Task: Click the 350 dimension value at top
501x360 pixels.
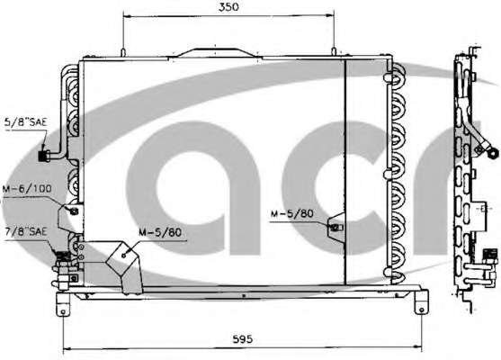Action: click(228, 7)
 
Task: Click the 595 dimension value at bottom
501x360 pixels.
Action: click(242, 339)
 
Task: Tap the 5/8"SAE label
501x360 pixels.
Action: click(26, 121)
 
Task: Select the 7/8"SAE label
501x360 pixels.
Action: click(26, 231)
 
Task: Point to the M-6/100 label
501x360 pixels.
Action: click(27, 188)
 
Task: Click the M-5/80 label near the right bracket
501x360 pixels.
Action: click(292, 213)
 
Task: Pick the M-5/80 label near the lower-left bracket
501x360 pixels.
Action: click(160, 232)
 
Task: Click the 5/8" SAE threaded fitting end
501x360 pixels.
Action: click(42, 156)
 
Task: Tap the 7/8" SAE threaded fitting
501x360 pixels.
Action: click(63, 256)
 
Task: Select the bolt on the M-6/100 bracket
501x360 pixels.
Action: click(74, 211)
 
